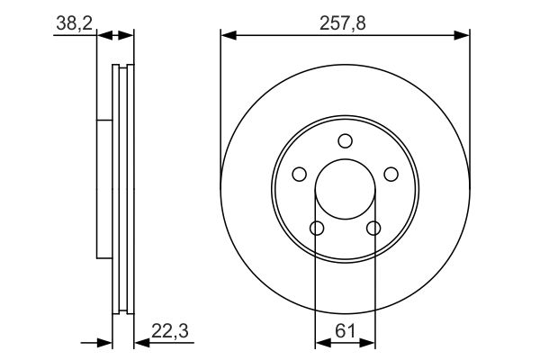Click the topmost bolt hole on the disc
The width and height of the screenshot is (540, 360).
coord(345,140)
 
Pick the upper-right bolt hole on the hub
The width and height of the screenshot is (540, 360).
coord(391,174)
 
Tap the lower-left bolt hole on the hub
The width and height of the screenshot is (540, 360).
coord(317,228)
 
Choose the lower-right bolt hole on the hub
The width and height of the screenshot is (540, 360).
coord(373,228)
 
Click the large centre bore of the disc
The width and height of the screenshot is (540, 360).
coord(345,190)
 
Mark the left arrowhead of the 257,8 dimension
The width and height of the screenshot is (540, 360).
coord(228,36)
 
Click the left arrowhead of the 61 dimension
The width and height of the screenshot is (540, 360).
coord(320,342)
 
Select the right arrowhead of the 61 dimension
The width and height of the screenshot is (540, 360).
coord(370,342)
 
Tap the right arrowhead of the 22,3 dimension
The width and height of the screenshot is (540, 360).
coord(139,342)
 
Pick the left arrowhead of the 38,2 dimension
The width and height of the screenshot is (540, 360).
coord(101,36)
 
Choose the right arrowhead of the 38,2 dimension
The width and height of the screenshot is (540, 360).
coord(128,36)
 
